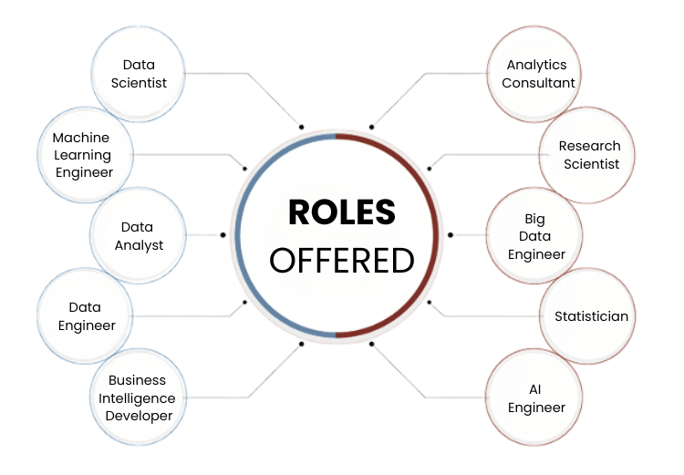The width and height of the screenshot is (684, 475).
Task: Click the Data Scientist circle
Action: pos(139,73)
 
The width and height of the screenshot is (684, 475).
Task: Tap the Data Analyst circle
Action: pos(139,235)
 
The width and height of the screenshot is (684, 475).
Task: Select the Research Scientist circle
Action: pos(589,155)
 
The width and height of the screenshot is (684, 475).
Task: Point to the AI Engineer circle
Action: pos(536,398)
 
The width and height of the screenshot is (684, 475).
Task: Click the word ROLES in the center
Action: pos(342,212)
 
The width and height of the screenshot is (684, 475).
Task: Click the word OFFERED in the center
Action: pos(342,261)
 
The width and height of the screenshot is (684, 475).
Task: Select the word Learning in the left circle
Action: pos(81,155)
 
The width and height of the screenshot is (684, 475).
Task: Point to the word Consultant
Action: pos(538,83)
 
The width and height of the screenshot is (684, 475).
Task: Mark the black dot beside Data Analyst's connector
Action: pos(223,235)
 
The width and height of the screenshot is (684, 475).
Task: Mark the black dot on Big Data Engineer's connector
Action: pos(450,235)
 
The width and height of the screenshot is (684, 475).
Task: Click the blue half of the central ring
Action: pos(240,236)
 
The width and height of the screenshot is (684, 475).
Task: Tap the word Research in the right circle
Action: pos(589,146)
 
